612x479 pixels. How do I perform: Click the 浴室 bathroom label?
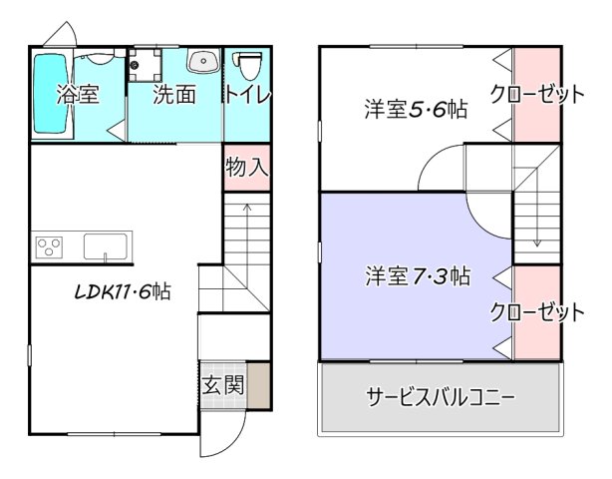[78, 97]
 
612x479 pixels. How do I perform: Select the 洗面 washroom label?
[173, 97]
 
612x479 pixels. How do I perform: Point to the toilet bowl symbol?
[247, 66]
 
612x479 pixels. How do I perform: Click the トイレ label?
[246, 97]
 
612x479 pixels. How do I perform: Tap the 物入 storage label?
[246, 167]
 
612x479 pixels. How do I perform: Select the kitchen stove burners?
[50, 244]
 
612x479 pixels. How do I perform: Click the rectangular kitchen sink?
[107, 245]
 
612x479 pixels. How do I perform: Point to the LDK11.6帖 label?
[123, 292]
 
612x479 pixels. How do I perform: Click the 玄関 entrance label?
[224, 386]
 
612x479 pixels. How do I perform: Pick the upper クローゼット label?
[536, 95]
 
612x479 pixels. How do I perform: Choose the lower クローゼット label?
[536, 311]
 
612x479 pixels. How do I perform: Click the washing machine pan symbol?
[150, 64]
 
